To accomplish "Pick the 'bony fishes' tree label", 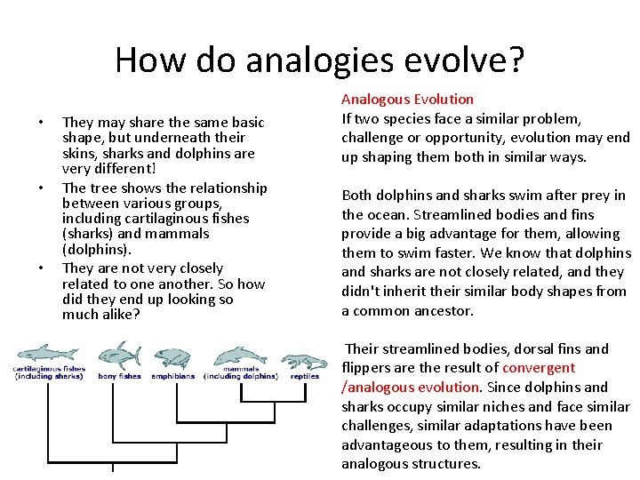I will coord(118,376).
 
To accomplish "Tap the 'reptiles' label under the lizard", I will coord(304,376).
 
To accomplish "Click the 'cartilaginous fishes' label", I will coord(49,369).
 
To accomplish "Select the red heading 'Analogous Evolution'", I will coord(407,99).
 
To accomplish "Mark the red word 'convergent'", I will coord(539,368).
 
